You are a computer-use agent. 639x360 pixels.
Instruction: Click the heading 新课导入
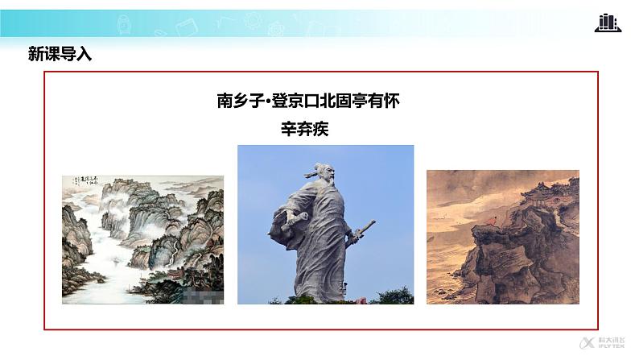click(60, 56)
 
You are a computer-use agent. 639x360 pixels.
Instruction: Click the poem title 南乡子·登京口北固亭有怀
click(308, 101)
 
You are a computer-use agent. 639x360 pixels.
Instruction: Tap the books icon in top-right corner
click(608, 23)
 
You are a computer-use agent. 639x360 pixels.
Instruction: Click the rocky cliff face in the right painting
click(515, 258)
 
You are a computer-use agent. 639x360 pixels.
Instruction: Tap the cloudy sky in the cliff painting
click(467, 193)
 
